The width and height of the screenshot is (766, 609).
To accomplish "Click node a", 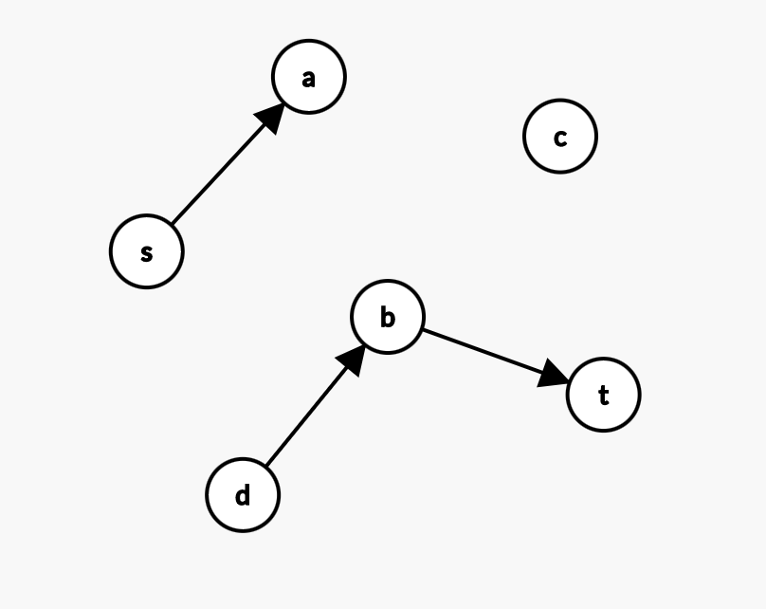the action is (308, 77).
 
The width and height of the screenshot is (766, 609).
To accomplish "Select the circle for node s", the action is (146, 251).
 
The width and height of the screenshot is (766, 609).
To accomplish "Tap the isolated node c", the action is (559, 137).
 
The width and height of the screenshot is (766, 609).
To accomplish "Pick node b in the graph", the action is (387, 317).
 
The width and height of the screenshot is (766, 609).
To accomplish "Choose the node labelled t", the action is (603, 395).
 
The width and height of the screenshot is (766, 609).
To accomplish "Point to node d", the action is (243, 494).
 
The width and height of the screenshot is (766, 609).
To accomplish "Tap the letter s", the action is (146, 253).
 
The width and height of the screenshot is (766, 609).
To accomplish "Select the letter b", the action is (387, 317).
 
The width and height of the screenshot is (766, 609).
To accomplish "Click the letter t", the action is (603, 396).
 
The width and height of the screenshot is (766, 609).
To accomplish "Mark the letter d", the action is (243, 494).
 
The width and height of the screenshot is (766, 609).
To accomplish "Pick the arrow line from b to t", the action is (483, 352).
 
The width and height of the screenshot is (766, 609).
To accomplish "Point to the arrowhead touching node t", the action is (554, 377).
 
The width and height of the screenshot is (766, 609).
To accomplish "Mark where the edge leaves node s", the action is (172, 224).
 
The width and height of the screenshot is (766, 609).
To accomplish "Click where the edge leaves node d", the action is (266, 465).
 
